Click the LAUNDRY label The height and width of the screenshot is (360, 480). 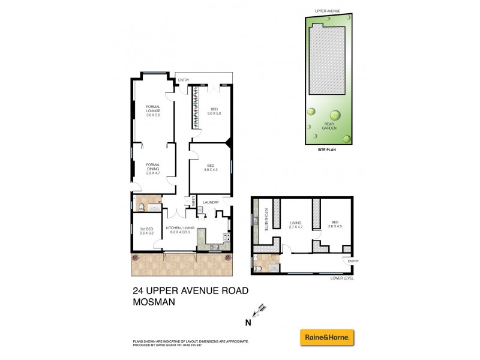coord(211,202)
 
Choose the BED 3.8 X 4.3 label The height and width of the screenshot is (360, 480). coord(211,168)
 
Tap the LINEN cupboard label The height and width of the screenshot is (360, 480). coord(194,203)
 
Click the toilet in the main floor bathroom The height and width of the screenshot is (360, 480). coord(140,208)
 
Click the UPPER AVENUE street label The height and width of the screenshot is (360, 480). coord(326,11)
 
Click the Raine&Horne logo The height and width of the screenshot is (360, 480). coord(327,337)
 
